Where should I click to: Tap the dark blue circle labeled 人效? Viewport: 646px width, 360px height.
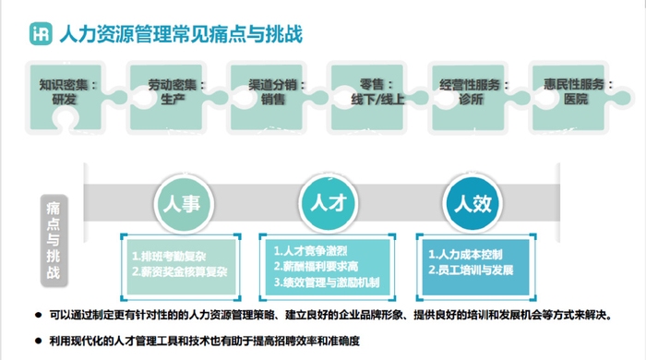(472, 201)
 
